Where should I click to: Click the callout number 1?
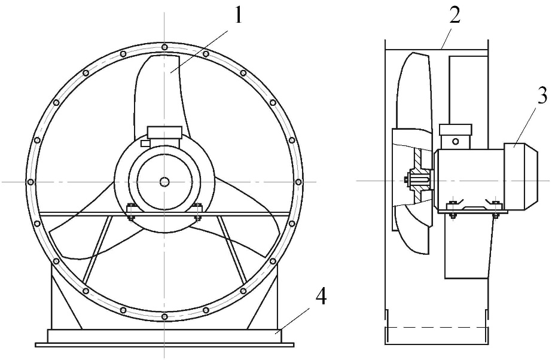[x=239, y=16]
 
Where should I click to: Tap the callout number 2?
[x=455, y=16]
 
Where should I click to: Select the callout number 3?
[x=542, y=95]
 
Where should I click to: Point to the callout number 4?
[x=321, y=297]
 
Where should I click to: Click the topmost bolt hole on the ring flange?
[x=164, y=47]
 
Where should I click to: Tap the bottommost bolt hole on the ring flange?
[x=164, y=317]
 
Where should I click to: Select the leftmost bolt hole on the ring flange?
[x=31, y=182]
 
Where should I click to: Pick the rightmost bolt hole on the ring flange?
[x=298, y=182]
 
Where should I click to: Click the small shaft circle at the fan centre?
[x=164, y=182]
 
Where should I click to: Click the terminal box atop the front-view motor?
[x=164, y=132]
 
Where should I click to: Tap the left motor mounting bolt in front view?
[x=131, y=212]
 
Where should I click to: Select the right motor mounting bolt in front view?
[x=197, y=212]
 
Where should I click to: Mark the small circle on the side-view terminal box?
[x=456, y=142]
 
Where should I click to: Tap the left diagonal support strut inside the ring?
[x=97, y=249]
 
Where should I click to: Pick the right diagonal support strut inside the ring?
[x=231, y=249]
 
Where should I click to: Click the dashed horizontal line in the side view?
[x=436, y=327]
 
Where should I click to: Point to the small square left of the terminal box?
[x=144, y=144]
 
